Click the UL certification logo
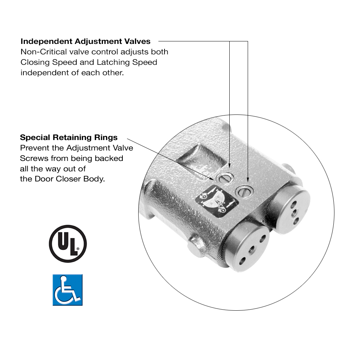68,243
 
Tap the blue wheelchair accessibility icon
68,290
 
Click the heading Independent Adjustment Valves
85,41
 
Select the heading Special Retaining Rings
68,138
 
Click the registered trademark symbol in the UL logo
78,248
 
